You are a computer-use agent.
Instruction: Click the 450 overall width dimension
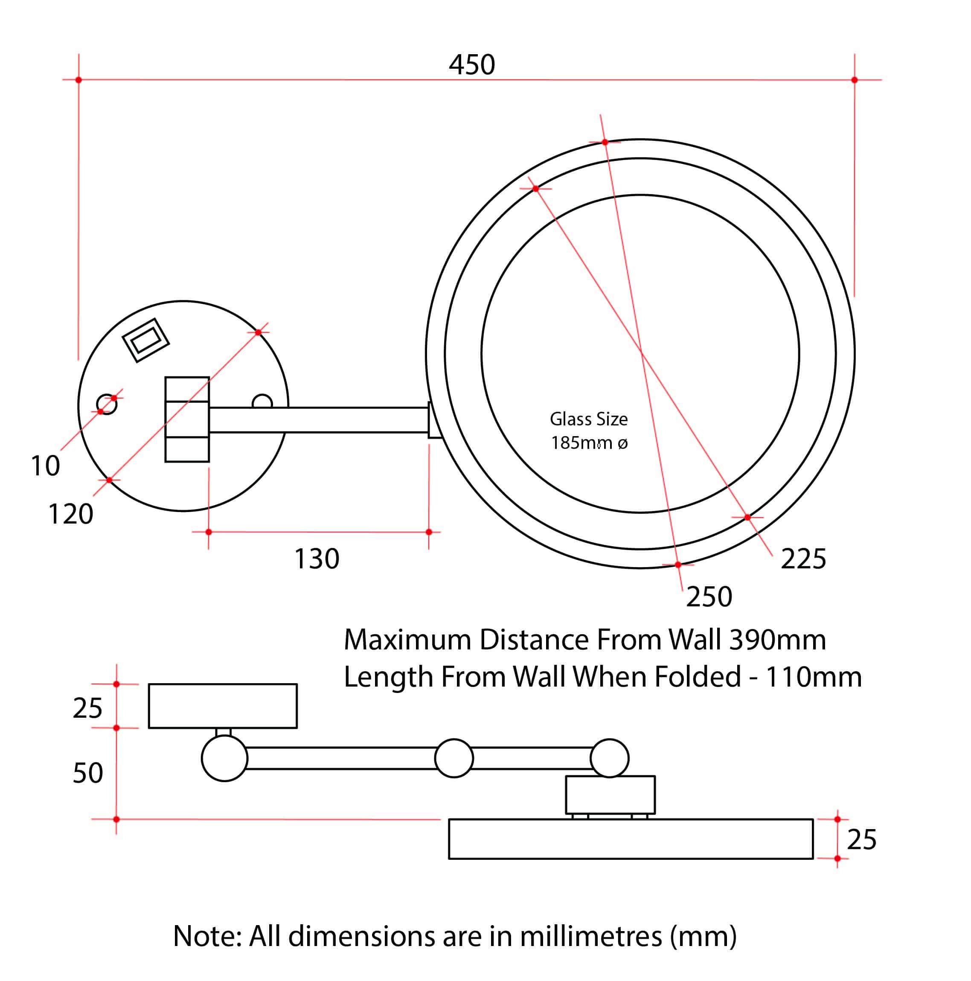coord(471,65)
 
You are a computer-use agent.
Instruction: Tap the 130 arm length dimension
coord(317,559)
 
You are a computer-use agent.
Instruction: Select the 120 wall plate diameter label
coord(70,514)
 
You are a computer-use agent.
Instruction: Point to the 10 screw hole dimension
coord(45,466)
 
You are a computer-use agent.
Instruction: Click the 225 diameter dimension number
coord(803,559)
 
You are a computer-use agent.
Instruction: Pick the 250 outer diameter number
coord(709,597)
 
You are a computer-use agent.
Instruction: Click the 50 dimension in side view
coord(88,773)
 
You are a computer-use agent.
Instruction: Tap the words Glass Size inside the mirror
coord(589,419)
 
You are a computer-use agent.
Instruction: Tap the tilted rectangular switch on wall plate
coord(145,340)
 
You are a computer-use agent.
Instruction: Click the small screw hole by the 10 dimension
coord(107,404)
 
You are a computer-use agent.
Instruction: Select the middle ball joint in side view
coord(454,758)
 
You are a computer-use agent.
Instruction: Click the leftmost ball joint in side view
coord(224,758)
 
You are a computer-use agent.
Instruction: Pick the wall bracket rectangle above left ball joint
coord(223,706)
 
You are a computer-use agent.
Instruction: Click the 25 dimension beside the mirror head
coord(861,839)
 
